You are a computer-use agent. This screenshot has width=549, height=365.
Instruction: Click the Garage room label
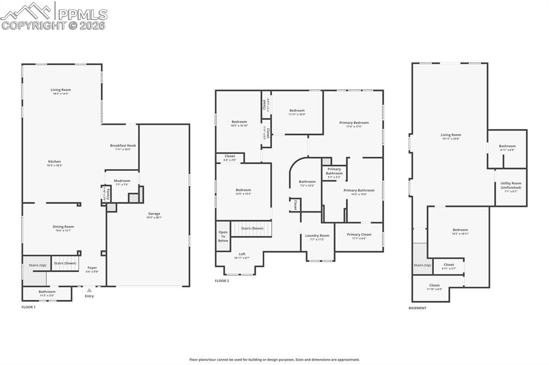coord(154,214)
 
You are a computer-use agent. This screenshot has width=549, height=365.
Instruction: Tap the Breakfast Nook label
coord(123,146)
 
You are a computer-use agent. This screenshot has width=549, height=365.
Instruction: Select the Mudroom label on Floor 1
coord(122,181)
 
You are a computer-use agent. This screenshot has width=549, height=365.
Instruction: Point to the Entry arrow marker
coord(89,290)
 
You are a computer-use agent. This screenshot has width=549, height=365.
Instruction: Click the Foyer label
coord(93,268)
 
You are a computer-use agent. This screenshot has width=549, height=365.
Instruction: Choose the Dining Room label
coord(63,227)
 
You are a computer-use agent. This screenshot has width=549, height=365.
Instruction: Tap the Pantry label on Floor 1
coord(108,193)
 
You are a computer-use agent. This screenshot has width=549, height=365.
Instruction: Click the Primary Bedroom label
coord(354,123)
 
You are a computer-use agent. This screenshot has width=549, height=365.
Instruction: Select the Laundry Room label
coord(317,235)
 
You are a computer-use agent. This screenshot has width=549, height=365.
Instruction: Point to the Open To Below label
coord(223,236)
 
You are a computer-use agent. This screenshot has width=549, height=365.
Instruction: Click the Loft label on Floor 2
coord(242,254)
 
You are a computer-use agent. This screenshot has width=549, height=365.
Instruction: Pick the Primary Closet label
coord(359,234)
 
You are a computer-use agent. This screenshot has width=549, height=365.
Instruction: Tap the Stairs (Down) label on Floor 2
coord(251,228)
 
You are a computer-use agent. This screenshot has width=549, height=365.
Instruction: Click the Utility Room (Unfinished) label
coord(510,185)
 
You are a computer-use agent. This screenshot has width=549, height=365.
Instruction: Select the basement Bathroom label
coord(507,146)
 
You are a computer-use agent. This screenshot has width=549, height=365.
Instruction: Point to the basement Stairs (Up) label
coord(422,265)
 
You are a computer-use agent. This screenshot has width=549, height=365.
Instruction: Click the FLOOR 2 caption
coord(222,280)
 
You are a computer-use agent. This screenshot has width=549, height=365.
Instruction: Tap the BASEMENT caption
coord(417,308)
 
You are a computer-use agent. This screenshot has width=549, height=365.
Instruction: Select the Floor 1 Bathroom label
coord(47,292)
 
